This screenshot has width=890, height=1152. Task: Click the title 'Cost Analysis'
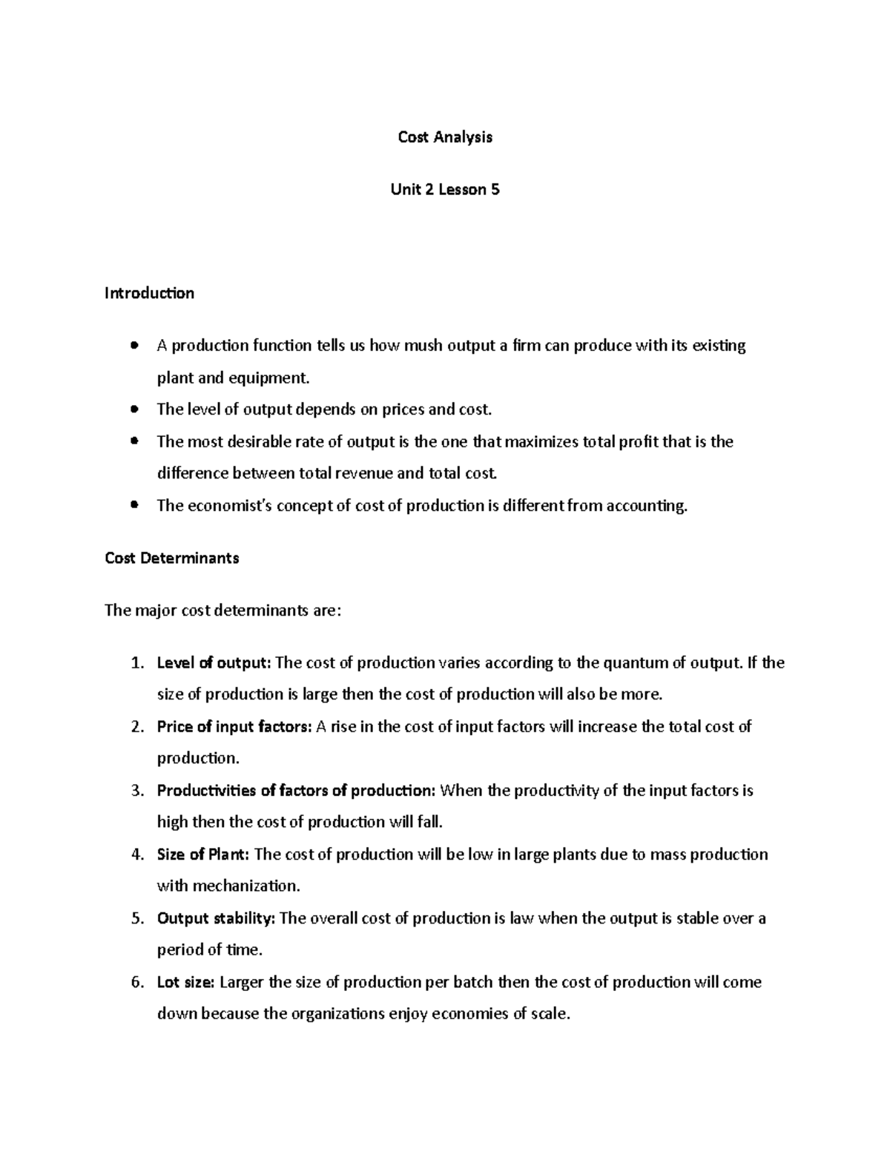(445, 137)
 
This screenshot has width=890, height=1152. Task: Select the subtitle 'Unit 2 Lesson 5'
(445, 190)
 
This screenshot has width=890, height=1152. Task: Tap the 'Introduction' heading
(149, 294)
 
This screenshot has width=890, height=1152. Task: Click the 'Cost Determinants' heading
(172, 559)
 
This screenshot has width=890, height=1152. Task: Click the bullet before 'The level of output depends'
(133, 409)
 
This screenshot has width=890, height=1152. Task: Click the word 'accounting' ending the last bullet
(646, 506)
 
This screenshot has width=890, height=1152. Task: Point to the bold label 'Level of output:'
(214, 663)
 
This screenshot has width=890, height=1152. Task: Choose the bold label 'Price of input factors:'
(234, 727)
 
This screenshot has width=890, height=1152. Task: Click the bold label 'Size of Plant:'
(203, 855)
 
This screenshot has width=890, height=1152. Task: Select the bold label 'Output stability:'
(216, 918)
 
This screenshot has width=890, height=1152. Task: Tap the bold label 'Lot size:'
(185, 982)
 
